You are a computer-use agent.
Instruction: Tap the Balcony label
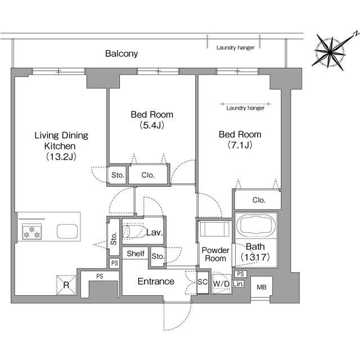pos(121,54)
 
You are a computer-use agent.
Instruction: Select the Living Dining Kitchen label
pos(61,146)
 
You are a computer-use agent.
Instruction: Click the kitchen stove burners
pos(30,231)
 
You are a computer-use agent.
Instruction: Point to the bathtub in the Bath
pos(256,226)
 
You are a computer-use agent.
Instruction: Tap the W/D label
pos(221,283)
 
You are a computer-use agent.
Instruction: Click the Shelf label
pos(135,254)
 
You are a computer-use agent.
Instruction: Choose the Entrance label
pos(156,281)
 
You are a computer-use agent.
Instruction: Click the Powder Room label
pos(215,254)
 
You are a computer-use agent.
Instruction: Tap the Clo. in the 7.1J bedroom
pos(259,200)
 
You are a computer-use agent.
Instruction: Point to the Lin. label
pos(238,284)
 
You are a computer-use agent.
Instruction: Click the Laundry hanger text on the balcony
pos(235,48)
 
